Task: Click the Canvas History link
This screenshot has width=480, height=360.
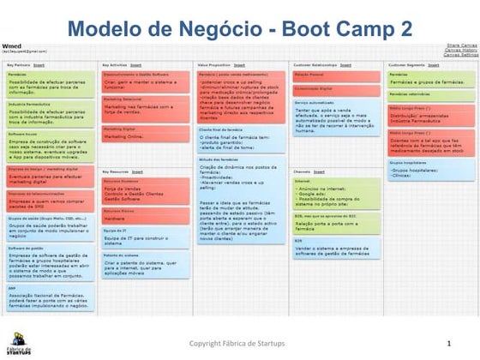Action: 461,51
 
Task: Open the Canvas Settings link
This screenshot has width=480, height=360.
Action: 461,55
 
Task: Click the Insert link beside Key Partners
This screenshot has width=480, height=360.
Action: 38,65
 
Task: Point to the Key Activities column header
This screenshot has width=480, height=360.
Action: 115,65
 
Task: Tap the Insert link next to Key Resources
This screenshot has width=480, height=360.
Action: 137,171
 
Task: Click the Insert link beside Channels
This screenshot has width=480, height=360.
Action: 322,171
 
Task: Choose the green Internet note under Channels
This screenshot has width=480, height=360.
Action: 336,193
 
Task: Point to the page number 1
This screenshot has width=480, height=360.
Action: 448,344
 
